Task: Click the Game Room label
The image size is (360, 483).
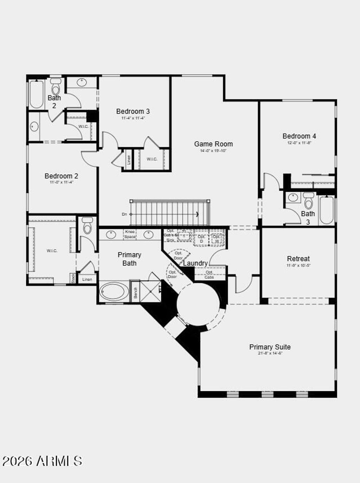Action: pos(213,144)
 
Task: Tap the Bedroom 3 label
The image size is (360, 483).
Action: pos(133,111)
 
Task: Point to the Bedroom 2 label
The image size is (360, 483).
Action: pos(61,176)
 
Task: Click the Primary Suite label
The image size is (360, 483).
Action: pos(270,347)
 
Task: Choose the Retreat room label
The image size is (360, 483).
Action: pos(298,259)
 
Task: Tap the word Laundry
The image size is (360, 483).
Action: pos(195,263)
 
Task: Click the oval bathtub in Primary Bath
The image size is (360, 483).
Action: pos(114,291)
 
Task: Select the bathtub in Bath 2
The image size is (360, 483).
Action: pos(36,94)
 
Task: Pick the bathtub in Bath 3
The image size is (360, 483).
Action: pos(326,210)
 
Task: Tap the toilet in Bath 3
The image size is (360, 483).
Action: pos(308,201)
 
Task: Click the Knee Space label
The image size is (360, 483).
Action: pos(130,234)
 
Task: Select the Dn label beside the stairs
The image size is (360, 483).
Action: pos(124,214)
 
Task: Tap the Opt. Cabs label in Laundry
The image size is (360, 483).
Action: pos(209,275)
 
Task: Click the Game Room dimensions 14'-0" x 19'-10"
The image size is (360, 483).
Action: pos(213,151)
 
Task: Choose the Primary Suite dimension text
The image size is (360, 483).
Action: pos(270,353)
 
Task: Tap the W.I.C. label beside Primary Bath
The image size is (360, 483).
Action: pos(52,251)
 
